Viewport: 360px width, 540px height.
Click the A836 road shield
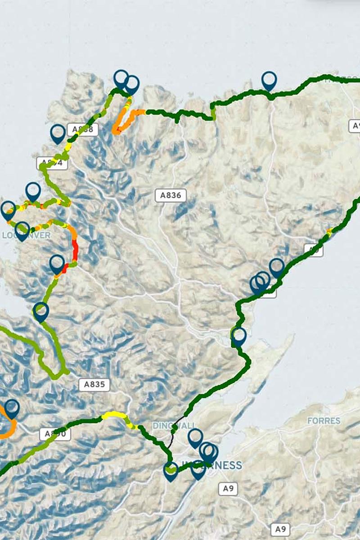[x=171, y=195]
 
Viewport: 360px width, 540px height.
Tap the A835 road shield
[x=94, y=384]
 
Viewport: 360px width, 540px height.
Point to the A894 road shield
[x=52, y=163]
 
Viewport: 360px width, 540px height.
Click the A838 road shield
[x=82, y=130]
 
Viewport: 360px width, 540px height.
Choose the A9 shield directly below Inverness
[x=228, y=489]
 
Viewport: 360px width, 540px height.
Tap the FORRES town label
[x=324, y=421]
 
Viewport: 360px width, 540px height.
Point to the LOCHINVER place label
[x=26, y=235]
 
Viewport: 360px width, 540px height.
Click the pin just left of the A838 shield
[x=58, y=133]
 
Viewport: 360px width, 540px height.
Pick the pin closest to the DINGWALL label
[x=195, y=437]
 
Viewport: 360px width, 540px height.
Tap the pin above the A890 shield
[x=12, y=408]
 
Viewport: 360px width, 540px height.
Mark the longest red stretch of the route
[x=75, y=250]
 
